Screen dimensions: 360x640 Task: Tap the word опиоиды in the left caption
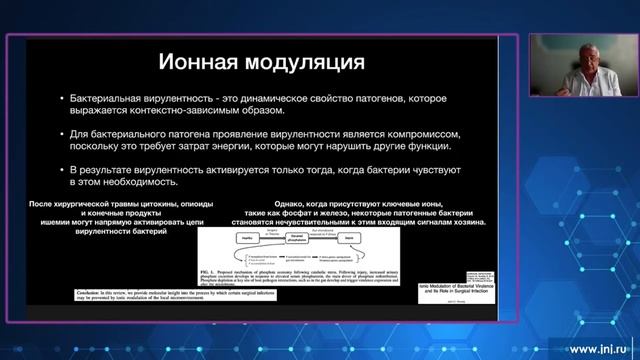click(x=222, y=204)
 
